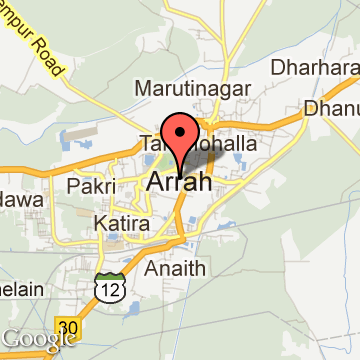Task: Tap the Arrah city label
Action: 180,182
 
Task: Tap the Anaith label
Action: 176,268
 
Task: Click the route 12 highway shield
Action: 107,288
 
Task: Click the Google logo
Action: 38,339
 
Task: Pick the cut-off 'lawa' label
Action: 16,201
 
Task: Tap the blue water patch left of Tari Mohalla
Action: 72,134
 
